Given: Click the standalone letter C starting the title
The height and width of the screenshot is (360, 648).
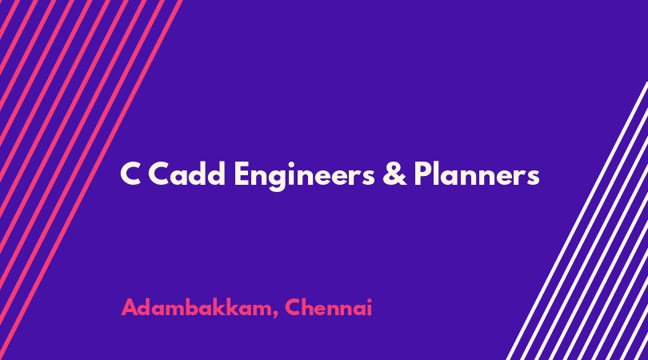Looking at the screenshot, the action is [130, 174].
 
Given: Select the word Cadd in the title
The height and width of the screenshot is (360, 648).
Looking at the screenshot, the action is [186, 173].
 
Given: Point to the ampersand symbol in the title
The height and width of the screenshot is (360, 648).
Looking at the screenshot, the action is [394, 174].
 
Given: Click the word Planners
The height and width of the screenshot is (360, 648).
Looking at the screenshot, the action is [477, 173].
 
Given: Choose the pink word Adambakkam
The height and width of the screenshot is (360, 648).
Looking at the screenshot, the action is [196, 307].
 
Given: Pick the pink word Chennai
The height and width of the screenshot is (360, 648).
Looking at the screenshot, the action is [329, 307].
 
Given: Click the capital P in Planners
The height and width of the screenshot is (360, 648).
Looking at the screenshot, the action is [423, 174].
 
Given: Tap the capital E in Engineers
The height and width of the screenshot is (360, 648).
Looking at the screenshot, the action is [242, 174].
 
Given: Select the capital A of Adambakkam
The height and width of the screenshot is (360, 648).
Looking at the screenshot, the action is [130, 308].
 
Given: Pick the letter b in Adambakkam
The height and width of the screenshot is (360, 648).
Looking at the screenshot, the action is [194, 307].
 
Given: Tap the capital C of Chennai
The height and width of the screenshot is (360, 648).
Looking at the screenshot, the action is [294, 308].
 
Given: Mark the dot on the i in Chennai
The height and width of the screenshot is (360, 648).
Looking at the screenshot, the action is [369, 299].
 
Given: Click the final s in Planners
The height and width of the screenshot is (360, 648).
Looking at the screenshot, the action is [533, 177].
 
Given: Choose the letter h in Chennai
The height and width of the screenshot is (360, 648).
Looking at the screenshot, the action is [310, 307].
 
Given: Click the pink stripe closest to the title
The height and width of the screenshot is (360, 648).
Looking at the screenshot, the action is [91, 180].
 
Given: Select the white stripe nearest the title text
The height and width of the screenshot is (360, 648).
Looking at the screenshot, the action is [577, 221].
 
